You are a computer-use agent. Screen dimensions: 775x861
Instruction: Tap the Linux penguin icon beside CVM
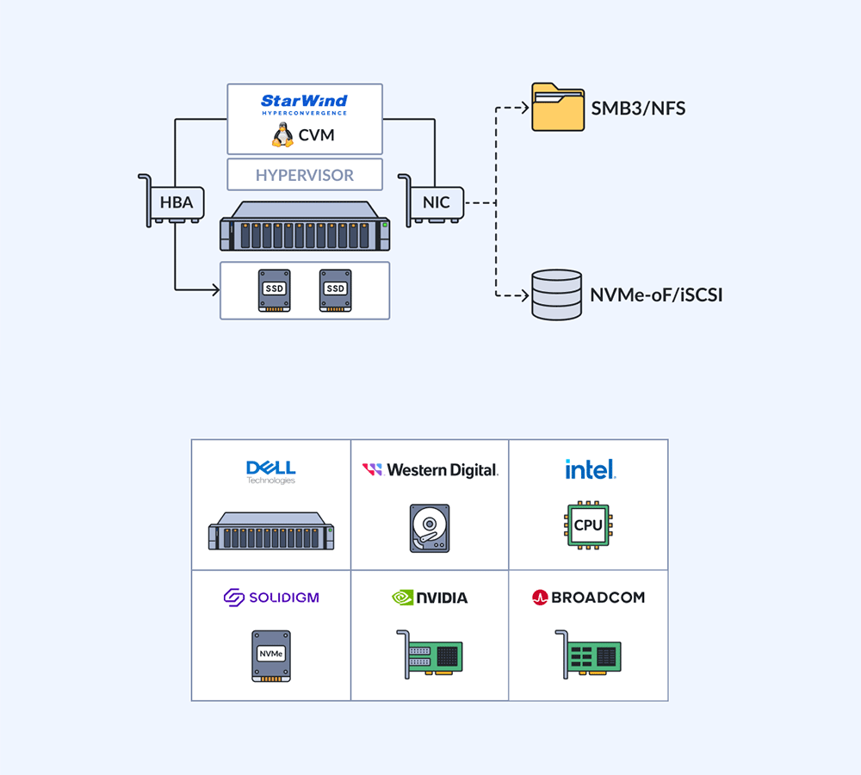[282, 135]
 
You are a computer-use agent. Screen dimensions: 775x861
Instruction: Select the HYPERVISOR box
[305, 175]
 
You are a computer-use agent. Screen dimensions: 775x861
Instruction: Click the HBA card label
[177, 203]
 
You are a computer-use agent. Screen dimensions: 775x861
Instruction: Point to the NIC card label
[436, 203]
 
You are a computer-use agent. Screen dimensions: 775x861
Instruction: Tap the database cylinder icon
[556, 294]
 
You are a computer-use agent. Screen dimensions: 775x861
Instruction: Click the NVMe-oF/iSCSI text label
[656, 295]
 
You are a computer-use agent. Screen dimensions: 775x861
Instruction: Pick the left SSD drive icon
[275, 289]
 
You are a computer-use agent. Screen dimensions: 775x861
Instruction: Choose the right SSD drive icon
[335, 289]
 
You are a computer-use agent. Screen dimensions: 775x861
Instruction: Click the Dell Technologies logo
[270, 472]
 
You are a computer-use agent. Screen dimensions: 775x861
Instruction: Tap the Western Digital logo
[430, 470]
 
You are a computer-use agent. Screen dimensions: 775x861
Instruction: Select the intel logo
[590, 469]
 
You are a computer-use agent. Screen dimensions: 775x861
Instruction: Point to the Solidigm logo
[270, 597]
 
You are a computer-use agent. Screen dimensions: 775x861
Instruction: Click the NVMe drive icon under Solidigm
[270, 655]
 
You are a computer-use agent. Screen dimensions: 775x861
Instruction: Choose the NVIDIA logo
[430, 597]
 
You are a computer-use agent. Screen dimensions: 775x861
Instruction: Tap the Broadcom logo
[588, 597]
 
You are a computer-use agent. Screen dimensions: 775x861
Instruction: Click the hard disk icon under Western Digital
[429, 528]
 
